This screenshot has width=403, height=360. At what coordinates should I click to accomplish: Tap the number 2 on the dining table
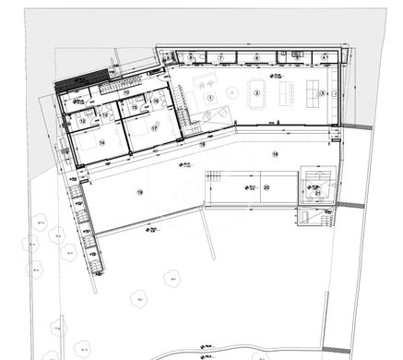pos(257,92)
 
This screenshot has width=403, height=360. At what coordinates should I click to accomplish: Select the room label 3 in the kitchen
pos(322,92)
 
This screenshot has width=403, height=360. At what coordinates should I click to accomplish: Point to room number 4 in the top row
pos(324,58)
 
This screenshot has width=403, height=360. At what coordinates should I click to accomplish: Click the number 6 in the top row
pos(256,58)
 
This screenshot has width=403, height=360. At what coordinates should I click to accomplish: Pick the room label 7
pos(221,58)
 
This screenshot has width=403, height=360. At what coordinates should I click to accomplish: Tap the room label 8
pos(191,58)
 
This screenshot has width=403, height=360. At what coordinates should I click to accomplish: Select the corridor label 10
pos(125,92)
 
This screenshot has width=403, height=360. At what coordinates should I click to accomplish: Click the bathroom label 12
pos(82,120)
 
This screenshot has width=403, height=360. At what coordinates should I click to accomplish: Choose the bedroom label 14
pos(101,143)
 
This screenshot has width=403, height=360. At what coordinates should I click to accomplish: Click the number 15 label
pos(135,108)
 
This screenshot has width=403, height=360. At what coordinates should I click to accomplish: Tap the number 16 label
pos(157,102)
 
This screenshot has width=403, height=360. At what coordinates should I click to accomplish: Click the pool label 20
pos(266,187)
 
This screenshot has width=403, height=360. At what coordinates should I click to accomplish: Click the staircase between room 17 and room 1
pos(188,120)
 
